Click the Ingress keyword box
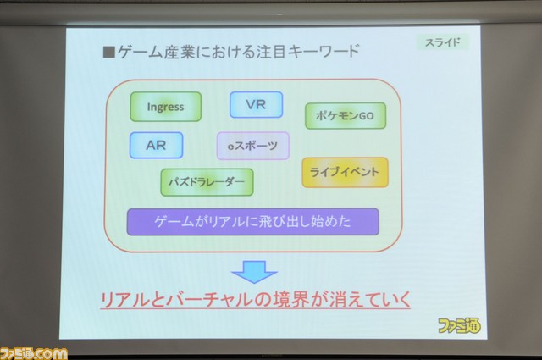166,107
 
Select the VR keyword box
256,104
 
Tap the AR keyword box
156,145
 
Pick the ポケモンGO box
346,116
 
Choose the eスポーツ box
253,146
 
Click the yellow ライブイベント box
345,173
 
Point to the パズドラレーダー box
207,182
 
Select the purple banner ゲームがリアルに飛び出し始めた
252,222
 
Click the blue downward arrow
254,272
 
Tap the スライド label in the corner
443,42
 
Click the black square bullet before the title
109,53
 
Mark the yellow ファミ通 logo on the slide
459,325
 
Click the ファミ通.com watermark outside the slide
34,353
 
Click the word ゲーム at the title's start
140,53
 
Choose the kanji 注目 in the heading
271,52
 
